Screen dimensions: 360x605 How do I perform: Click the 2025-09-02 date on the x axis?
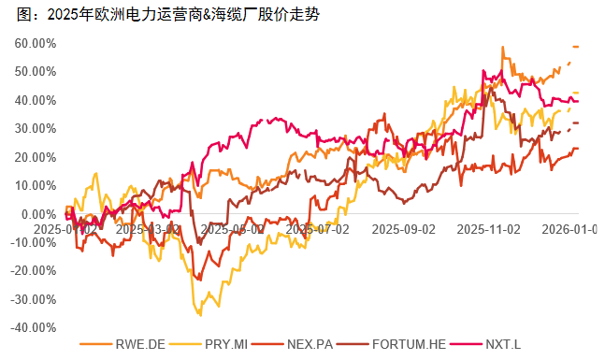[x=403, y=227]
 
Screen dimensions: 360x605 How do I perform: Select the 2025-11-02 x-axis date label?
[x=487, y=227]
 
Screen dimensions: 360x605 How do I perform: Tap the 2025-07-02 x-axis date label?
[x=318, y=227]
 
